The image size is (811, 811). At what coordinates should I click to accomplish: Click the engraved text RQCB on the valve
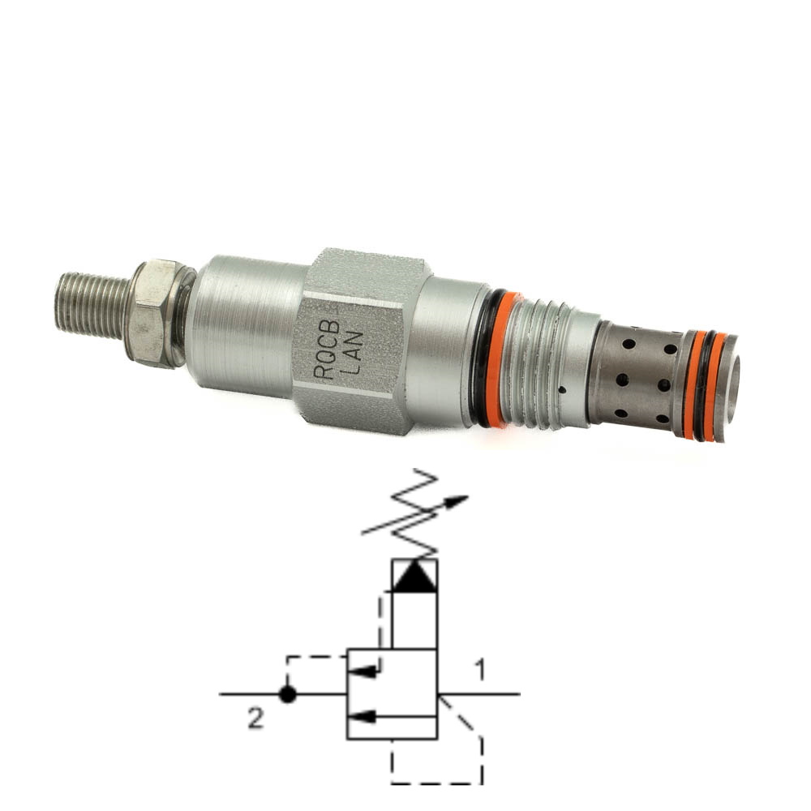(327, 350)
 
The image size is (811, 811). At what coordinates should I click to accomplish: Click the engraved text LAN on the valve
(354, 352)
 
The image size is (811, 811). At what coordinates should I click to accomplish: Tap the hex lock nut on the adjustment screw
(153, 313)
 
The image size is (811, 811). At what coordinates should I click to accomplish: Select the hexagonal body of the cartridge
(362, 341)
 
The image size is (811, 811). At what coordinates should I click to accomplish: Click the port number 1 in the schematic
(480, 671)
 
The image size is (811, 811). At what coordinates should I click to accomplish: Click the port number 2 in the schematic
(255, 718)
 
